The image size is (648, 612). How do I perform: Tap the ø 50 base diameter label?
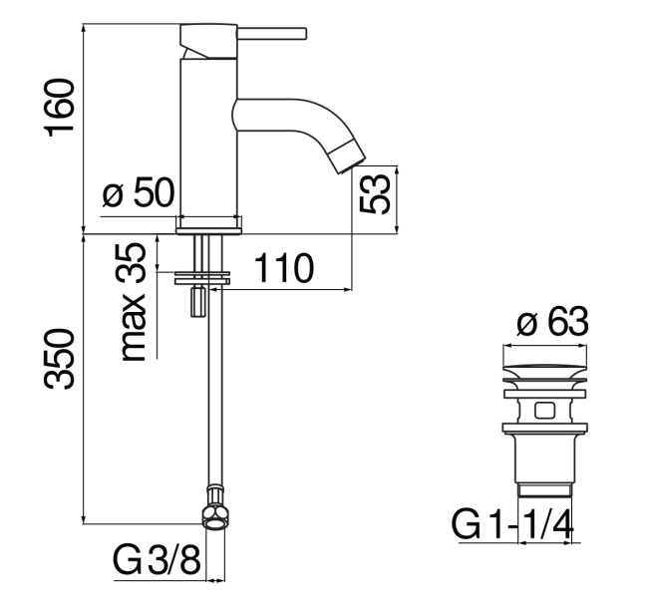pos(139,192)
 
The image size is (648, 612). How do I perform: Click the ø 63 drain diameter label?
pos(552,323)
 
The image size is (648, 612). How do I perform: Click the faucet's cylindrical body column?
pos(206,140)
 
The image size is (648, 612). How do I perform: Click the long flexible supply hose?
pos(210,399)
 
